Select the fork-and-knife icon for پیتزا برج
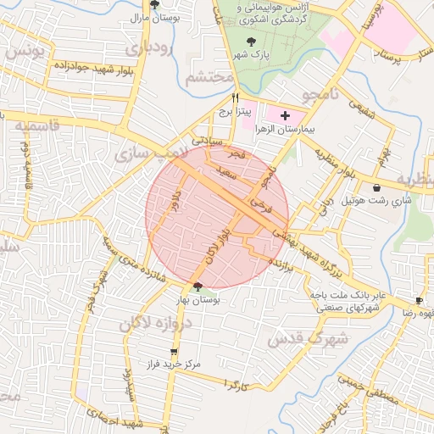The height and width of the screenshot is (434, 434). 223,97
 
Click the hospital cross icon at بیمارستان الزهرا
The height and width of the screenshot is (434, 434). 284,115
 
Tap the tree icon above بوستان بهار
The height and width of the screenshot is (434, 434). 198,287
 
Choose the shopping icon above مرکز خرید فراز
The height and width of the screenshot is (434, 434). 174,351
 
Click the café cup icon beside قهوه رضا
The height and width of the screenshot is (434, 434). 419,301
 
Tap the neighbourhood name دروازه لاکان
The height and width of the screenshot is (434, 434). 158,325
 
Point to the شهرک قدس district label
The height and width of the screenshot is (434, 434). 307,337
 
